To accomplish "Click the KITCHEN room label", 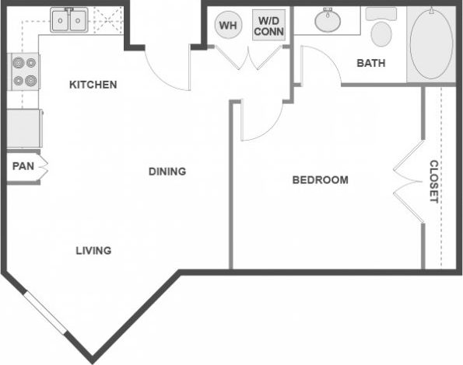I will pos(93,84).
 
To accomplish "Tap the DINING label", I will pos(167,172).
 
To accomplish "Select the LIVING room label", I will pos(93,250).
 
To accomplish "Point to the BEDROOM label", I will pos(320,180).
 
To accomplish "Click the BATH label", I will pos(370,63).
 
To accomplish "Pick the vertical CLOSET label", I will pos(434,181).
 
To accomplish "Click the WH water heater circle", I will pos(228,26).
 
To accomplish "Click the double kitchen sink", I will pos(70,21).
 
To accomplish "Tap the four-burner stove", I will pos(23,71).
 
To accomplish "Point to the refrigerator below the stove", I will pos(23,128).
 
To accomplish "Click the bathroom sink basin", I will pos(331,21).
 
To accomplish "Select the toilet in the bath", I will pos(381,30).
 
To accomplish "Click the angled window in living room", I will pos(47,320).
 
